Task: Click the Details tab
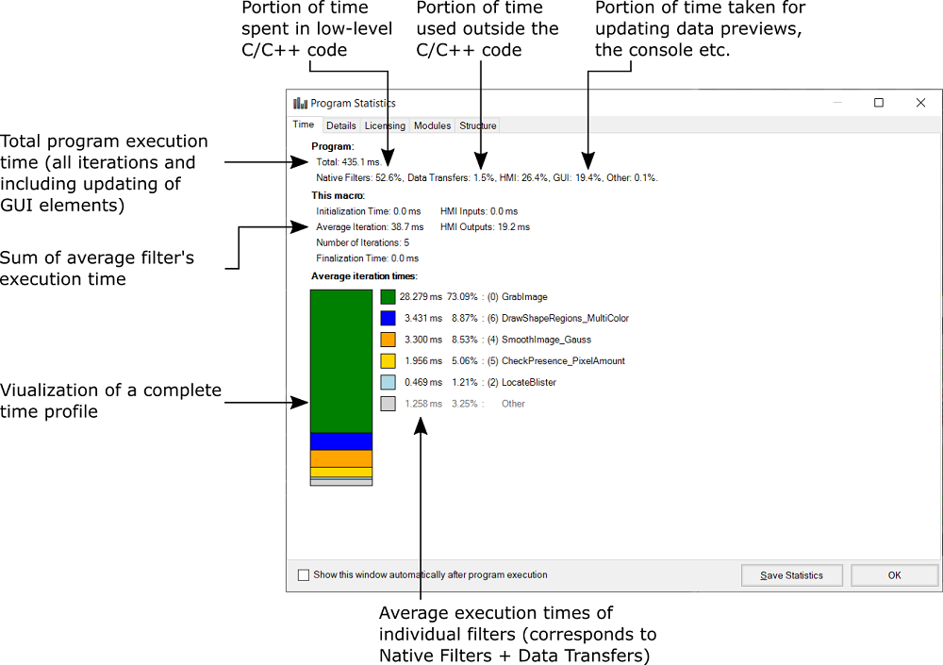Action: click(x=340, y=125)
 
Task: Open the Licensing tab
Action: click(x=385, y=125)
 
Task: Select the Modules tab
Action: click(x=432, y=125)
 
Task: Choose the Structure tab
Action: click(x=477, y=125)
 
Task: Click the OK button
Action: click(x=894, y=575)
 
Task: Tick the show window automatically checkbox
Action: click(x=303, y=574)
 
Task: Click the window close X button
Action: click(x=920, y=103)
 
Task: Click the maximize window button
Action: click(x=878, y=103)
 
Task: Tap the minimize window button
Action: click(x=835, y=103)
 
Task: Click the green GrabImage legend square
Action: click(x=388, y=297)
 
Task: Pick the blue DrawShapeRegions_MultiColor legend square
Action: click(x=388, y=319)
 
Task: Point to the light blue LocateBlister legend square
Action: click(x=388, y=382)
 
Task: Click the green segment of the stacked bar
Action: click(x=341, y=360)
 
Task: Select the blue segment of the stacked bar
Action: click(x=341, y=441)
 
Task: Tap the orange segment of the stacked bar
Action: click(x=341, y=458)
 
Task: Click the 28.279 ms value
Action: click(x=420, y=297)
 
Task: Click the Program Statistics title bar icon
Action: click(x=300, y=103)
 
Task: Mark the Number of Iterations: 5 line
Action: click(x=362, y=242)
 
